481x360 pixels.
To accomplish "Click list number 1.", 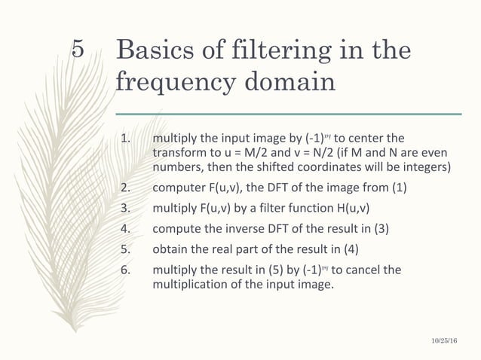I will pyautogui.click(x=126, y=138).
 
